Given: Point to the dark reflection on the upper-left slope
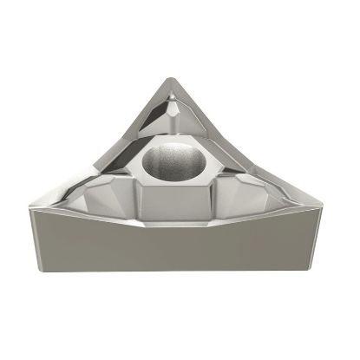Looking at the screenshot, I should pyautogui.click(x=156, y=121).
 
